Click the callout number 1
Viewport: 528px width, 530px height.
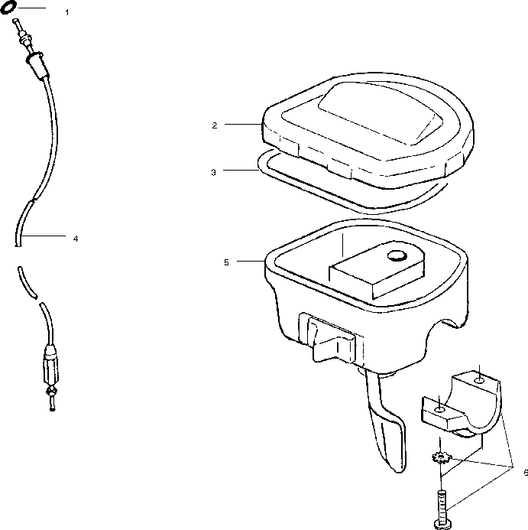(67, 13)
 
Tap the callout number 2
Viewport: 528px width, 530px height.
(215, 124)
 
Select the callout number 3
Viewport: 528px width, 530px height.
(214, 172)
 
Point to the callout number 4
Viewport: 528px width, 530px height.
(75, 239)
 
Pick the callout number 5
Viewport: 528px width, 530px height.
(226, 262)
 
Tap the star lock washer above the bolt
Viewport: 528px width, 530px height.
(440, 460)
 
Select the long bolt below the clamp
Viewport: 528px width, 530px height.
(441, 501)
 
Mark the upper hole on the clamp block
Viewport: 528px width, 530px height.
(477, 379)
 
